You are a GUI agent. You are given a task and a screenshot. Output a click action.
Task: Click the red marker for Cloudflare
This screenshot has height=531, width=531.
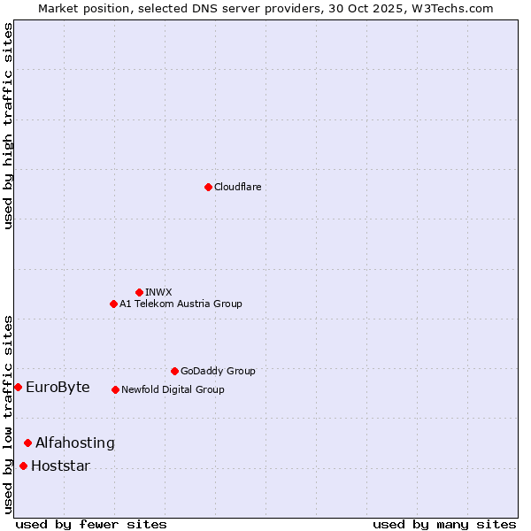pos(208,187)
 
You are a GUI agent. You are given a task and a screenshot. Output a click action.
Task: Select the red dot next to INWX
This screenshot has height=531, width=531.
pos(139,292)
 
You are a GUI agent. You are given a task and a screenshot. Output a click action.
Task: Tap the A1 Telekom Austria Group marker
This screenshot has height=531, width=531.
pos(113,304)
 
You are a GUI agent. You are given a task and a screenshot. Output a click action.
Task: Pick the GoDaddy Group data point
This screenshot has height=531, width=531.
pos(174,371)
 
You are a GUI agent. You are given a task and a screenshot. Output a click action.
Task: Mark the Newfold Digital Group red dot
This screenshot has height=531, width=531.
pos(115,389)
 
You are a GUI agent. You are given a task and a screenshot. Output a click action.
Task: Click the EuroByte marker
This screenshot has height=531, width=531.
pos(18,387)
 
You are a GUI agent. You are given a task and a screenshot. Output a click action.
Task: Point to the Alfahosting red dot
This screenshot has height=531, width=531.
pos(27,442)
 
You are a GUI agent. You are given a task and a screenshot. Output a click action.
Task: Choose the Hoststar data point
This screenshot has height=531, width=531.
pos(23,466)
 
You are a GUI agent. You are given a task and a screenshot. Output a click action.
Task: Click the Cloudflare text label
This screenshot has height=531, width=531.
pos(237,187)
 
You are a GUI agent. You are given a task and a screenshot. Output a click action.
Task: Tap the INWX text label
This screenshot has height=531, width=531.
pos(158,292)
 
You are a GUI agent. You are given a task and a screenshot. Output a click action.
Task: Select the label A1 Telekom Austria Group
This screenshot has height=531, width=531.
pos(181,304)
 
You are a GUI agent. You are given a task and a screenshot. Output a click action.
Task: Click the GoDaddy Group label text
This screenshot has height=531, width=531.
pos(218,371)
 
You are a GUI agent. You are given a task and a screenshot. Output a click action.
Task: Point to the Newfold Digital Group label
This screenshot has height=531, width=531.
pos(173,389)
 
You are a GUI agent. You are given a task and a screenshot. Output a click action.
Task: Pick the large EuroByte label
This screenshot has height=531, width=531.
pos(58,387)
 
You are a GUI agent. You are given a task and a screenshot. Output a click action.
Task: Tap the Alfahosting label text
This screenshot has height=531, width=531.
pos(75,442)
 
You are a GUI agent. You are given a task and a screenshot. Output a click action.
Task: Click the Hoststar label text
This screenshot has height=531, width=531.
pos(60,466)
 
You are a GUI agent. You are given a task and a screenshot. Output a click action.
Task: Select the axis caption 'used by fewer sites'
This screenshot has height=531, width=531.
pos(91,524)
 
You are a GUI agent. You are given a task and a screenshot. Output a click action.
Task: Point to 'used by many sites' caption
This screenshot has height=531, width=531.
pos(444,524)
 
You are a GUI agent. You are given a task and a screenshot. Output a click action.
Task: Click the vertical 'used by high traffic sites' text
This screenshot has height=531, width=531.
pos(8,126)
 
